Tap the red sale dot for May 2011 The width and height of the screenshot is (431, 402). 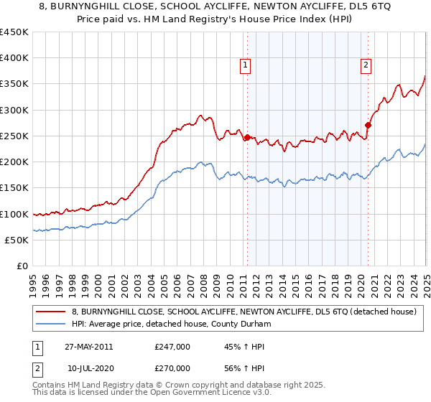coord(247,137)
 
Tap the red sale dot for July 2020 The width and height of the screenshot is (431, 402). coord(368,125)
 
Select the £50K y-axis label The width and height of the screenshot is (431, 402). coord(17,240)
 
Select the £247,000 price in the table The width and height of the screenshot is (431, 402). coord(172,347)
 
